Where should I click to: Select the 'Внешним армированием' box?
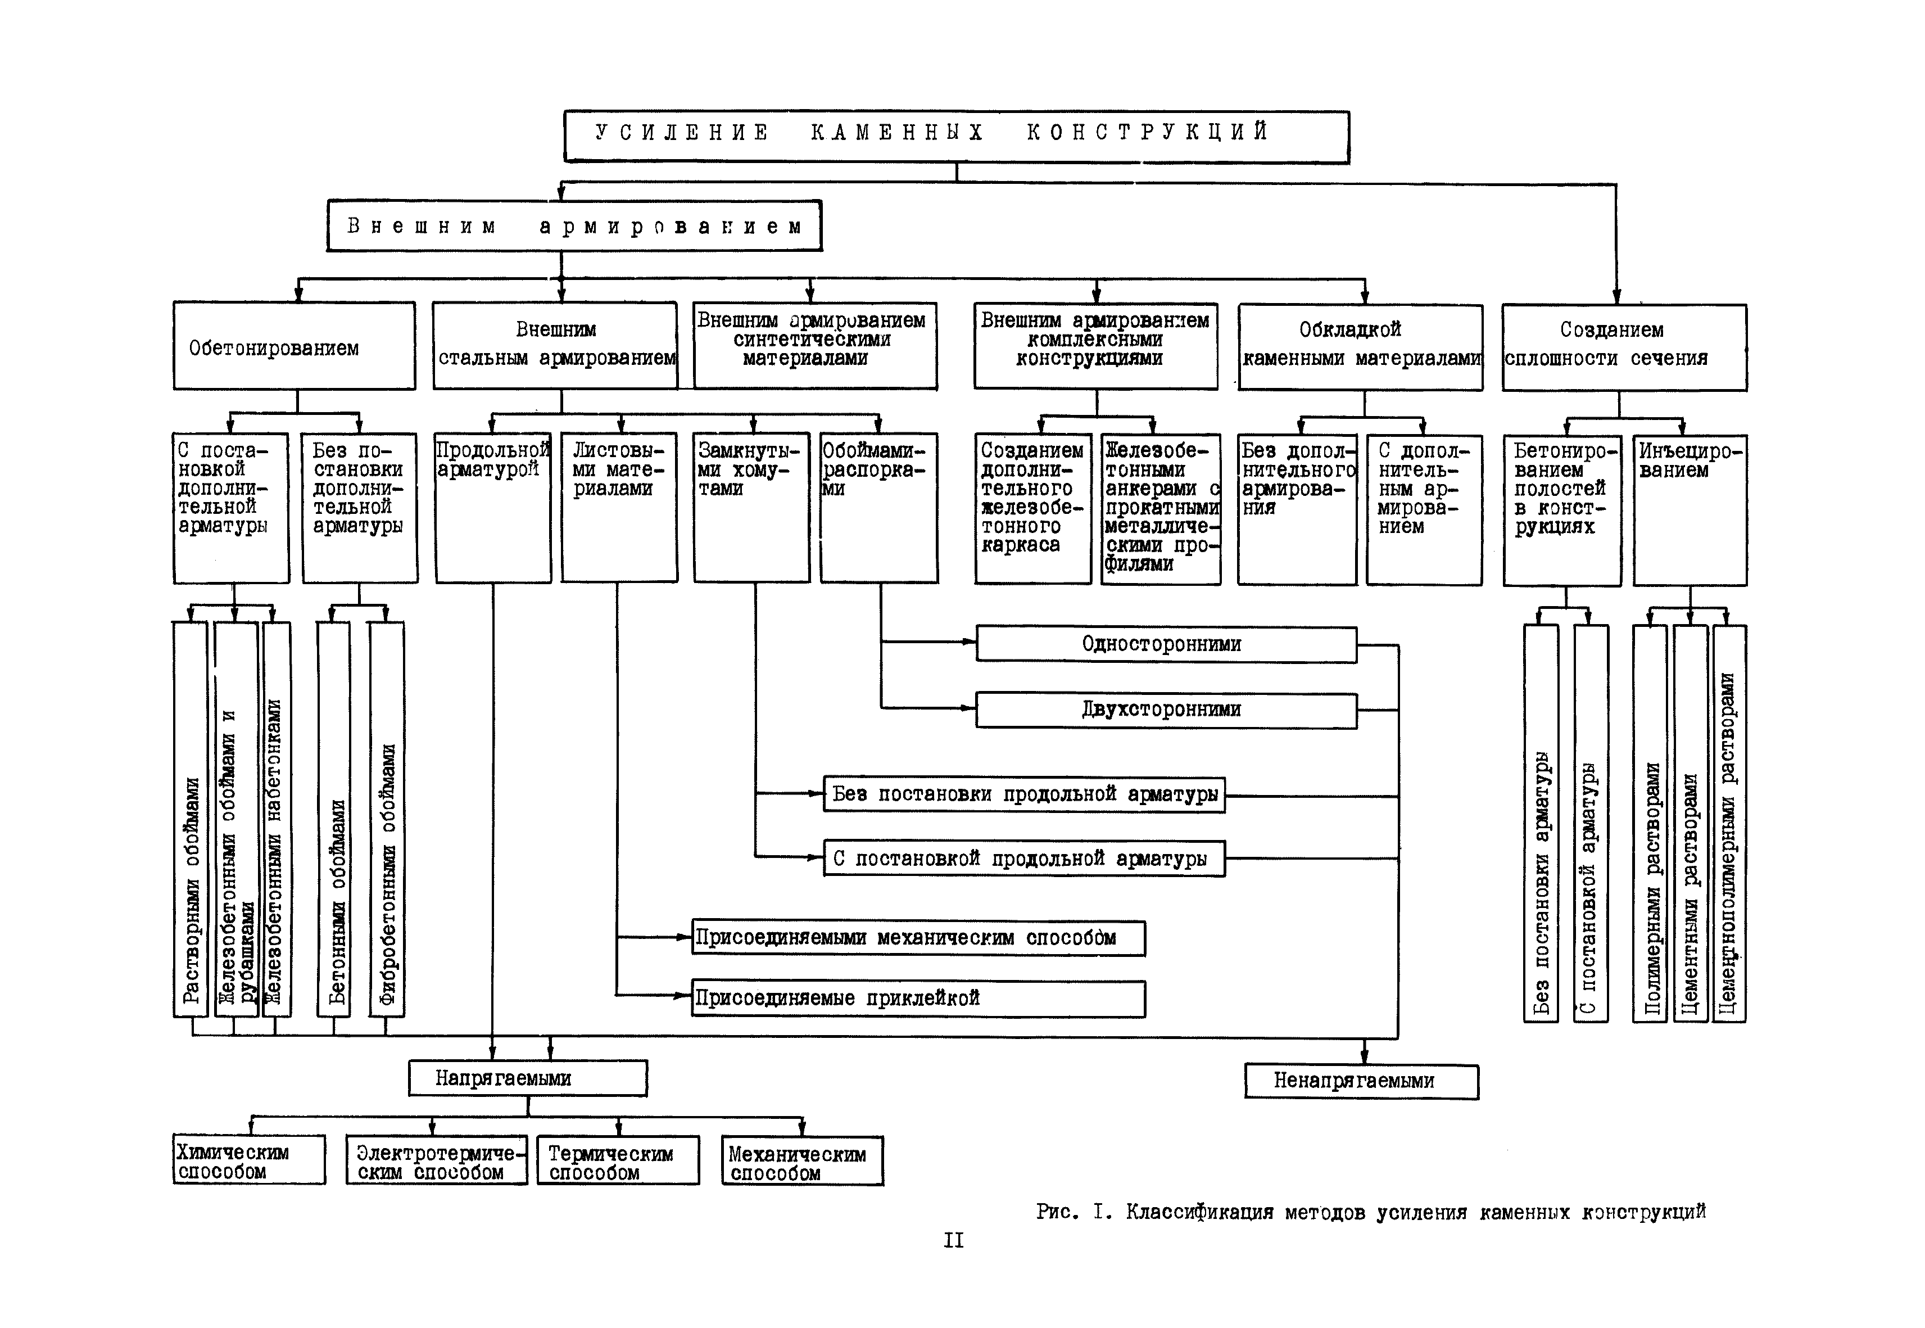point(574,225)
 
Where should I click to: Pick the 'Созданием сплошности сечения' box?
point(1623,347)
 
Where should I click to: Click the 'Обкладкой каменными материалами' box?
point(1360,346)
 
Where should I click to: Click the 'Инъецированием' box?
point(1689,509)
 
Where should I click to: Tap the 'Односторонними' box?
point(1166,644)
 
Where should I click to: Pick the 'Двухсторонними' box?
point(1166,710)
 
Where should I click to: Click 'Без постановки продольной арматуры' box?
point(1023,794)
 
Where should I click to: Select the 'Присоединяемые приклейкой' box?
point(918,999)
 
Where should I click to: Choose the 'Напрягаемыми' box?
point(527,1078)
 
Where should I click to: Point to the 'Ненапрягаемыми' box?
point(1361,1081)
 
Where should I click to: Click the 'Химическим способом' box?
point(249,1160)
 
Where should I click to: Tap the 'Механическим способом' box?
point(802,1161)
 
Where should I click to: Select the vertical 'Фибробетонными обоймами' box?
point(387,820)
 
